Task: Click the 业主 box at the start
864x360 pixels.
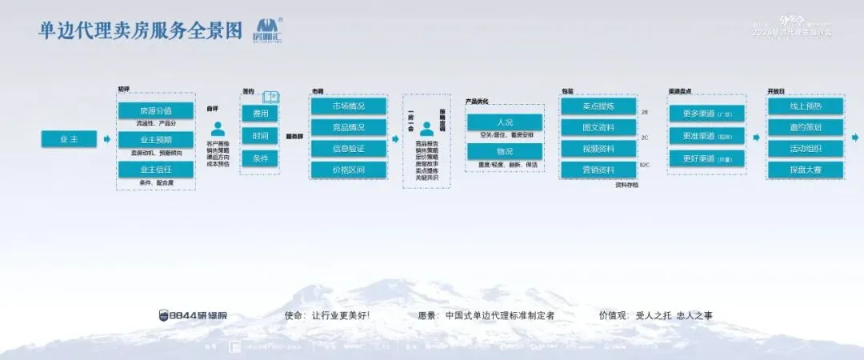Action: click(69, 139)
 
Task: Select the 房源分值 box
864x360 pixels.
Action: click(156, 110)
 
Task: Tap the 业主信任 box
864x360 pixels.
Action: click(156, 169)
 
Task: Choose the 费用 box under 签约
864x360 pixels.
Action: click(260, 114)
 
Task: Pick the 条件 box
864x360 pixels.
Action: click(260, 158)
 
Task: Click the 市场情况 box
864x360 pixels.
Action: click(348, 106)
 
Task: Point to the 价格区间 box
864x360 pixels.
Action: click(348, 170)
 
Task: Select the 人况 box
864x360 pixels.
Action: click(505, 122)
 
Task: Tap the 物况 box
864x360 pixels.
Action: click(505, 151)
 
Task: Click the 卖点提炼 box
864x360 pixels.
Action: click(598, 106)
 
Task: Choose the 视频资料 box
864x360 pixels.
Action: click(598, 149)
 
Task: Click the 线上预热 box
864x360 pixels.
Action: click(806, 106)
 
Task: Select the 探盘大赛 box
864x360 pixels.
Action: click(806, 170)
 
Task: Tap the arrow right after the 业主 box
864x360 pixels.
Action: click(106, 139)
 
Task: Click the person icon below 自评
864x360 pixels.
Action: click(217, 129)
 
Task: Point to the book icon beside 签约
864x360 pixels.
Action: click(270, 95)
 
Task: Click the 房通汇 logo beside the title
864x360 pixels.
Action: click(267, 30)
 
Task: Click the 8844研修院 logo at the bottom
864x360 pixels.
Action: click(193, 315)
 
